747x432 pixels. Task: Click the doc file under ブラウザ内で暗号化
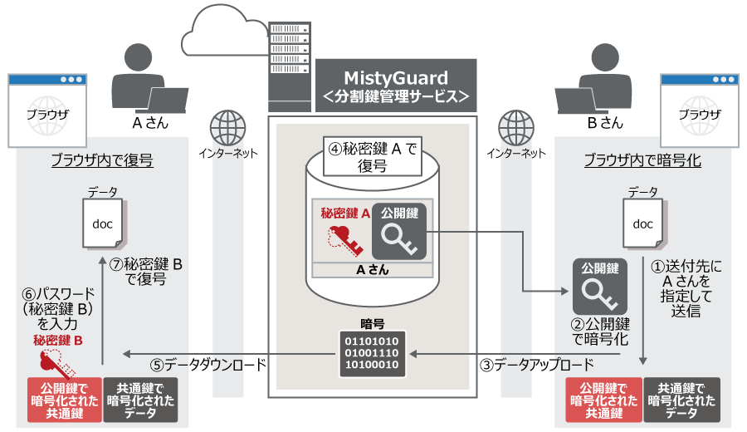[x=643, y=223]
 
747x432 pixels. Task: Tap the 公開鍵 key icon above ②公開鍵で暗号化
[x=598, y=287]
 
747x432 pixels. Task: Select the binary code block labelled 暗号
[x=371, y=352]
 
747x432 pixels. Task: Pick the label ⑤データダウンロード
[x=208, y=365]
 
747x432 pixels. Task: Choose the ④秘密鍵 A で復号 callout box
[x=372, y=156]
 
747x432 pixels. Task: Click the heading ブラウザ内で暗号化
[x=642, y=160]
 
